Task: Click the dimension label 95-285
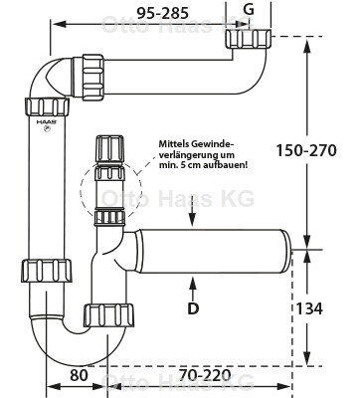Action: (x=163, y=13)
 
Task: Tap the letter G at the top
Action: (x=249, y=10)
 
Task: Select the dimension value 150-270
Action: (x=306, y=150)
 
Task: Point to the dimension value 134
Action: (x=309, y=308)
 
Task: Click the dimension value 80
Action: (x=79, y=375)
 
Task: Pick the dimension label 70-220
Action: (x=205, y=375)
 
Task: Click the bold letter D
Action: (x=193, y=308)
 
